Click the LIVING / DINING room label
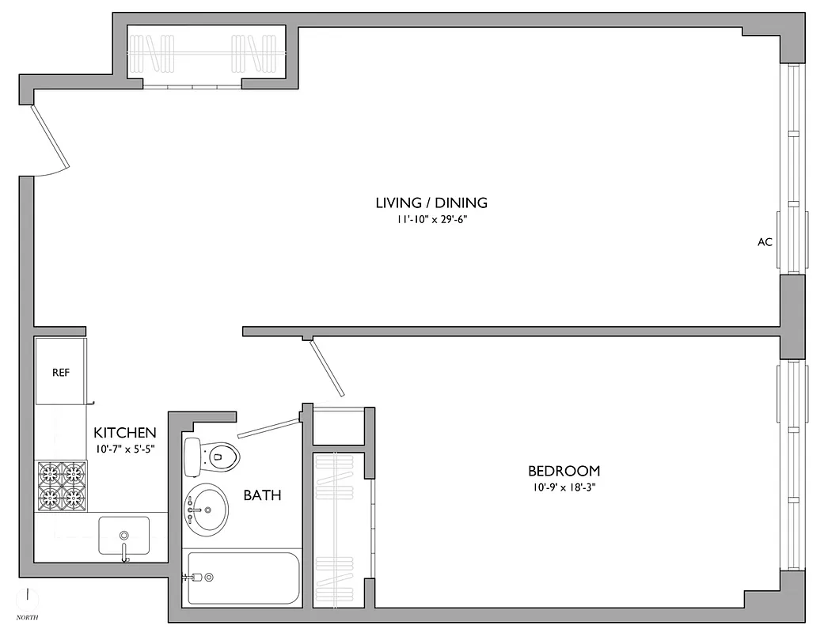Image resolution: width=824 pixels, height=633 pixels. coord(431,203)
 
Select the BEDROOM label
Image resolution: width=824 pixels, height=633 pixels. coord(564,471)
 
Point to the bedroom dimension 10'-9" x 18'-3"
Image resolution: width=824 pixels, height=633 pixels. coord(564,487)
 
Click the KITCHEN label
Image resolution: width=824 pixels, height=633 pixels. coord(125,433)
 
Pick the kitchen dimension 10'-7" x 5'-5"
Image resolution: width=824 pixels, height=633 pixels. coord(125,449)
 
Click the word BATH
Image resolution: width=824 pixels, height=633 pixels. coord(262,496)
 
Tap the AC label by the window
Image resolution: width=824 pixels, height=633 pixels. coord(764,242)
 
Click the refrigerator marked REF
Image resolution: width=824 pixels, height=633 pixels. coord(60,371)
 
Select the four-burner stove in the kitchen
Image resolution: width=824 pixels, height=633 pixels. coord(62,485)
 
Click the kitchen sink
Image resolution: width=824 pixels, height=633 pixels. coord(123,535)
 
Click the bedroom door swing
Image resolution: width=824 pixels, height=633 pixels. coord(327,368)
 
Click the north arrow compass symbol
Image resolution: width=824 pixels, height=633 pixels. coord(28,595)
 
